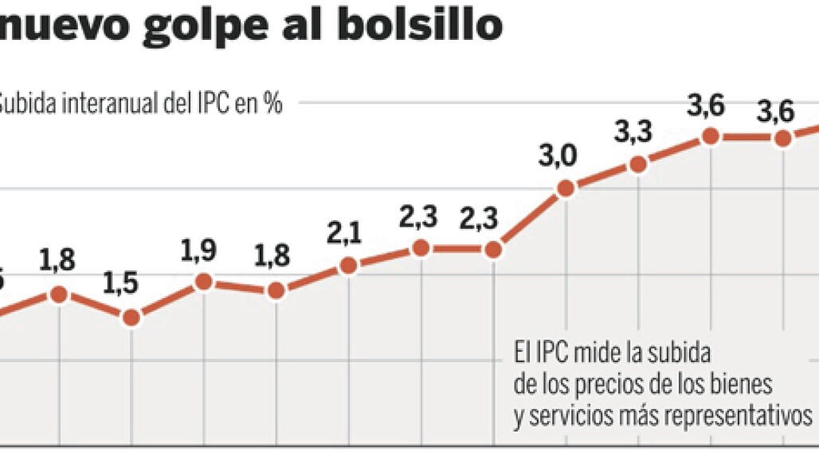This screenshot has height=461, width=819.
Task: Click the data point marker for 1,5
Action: [131, 317]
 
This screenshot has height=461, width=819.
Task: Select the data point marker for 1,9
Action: [204, 281]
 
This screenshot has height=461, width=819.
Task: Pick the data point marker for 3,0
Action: [566, 189]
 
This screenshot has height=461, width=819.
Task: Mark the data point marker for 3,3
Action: [637, 164]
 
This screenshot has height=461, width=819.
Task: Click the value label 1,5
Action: [121, 282]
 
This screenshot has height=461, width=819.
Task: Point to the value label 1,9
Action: [198, 250]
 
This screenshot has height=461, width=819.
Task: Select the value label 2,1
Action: [344, 233]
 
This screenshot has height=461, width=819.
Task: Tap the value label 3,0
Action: [558, 156]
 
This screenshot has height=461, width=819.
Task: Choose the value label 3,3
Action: [633, 132]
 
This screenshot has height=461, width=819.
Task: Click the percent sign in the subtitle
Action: [273, 104]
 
